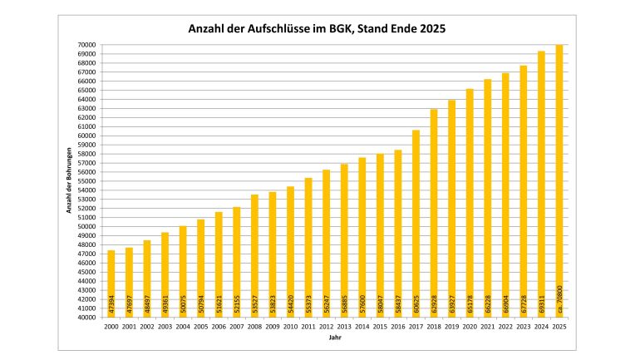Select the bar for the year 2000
111,283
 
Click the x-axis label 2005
200,326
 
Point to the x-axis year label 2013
344,326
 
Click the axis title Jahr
335,338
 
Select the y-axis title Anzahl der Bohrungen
70,181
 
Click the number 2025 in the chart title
431,29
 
